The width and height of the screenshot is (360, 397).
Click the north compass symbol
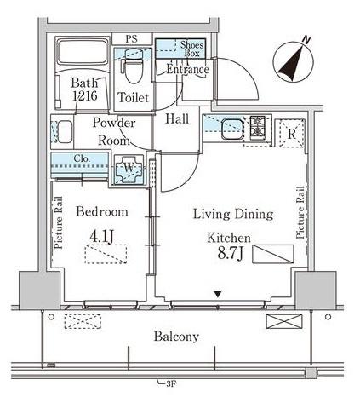(x=293, y=61)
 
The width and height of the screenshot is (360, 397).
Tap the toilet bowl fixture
(x=133, y=66)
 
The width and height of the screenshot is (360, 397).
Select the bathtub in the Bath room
(x=82, y=52)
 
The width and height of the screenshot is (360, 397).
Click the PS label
(x=132, y=38)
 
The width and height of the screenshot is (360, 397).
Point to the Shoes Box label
(x=192, y=49)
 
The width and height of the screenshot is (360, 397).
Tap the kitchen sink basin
(x=232, y=129)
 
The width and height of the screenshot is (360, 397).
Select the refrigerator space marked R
(x=292, y=134)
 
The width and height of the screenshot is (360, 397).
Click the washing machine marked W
(x=129, y=170)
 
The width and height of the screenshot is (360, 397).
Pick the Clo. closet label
(x=82, y=158)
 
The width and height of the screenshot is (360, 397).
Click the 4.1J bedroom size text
(x=102, y=236)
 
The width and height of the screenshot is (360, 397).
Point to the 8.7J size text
(x=230, y=253)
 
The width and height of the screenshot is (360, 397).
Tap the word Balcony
(x=176, y=337)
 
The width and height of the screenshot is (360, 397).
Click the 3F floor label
(x=171, y=384)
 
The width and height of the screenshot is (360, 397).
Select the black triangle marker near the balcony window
(x=218, y=294)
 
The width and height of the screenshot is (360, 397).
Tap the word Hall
(x=177, y=119)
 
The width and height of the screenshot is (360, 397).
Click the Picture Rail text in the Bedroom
(x=59, y=223)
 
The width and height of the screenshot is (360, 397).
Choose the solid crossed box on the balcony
(x=284, y=321)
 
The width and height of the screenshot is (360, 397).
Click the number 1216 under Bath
(x=85, y=95)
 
